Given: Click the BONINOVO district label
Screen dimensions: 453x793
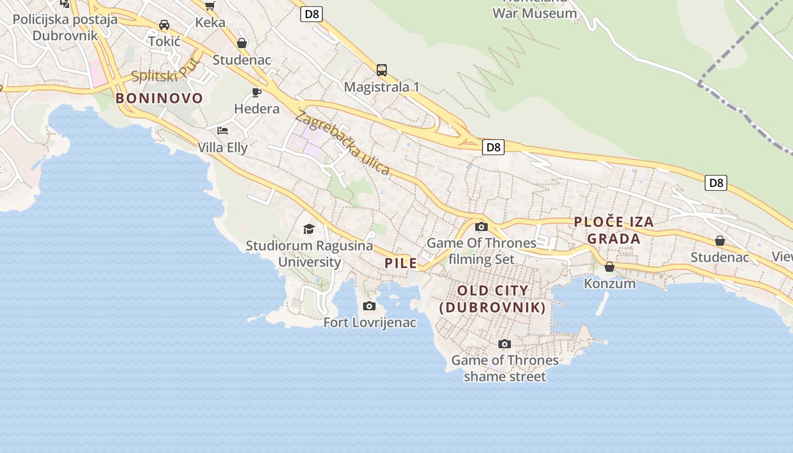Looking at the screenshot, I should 159,99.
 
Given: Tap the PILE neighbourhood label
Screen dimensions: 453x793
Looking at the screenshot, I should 400,263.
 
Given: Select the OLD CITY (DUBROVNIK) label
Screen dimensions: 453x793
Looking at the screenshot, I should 493,299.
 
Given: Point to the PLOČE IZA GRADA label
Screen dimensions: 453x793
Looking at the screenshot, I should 614,230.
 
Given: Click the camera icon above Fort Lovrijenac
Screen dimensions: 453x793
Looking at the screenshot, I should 369,306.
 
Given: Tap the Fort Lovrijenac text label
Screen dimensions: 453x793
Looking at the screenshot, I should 369,323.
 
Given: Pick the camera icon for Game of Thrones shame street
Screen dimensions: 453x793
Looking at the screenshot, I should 505,344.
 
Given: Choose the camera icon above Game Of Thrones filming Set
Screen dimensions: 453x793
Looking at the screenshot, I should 481,227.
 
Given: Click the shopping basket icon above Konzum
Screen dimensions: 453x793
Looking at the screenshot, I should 609,267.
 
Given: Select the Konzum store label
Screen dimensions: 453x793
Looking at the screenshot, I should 609,283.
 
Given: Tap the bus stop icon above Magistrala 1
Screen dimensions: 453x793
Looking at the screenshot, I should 382,70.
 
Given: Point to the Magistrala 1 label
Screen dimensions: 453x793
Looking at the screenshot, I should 382,87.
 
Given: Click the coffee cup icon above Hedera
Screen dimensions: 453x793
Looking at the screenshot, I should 257,92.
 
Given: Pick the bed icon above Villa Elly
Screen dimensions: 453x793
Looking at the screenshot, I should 223,131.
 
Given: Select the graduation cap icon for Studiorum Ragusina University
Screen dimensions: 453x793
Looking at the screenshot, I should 309,229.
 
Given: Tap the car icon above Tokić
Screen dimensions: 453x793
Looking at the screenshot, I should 164,25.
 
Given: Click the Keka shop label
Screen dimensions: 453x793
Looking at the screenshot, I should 210,23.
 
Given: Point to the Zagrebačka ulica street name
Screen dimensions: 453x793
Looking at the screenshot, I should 342,144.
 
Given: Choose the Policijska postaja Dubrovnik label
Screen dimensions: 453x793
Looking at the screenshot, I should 65,27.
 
